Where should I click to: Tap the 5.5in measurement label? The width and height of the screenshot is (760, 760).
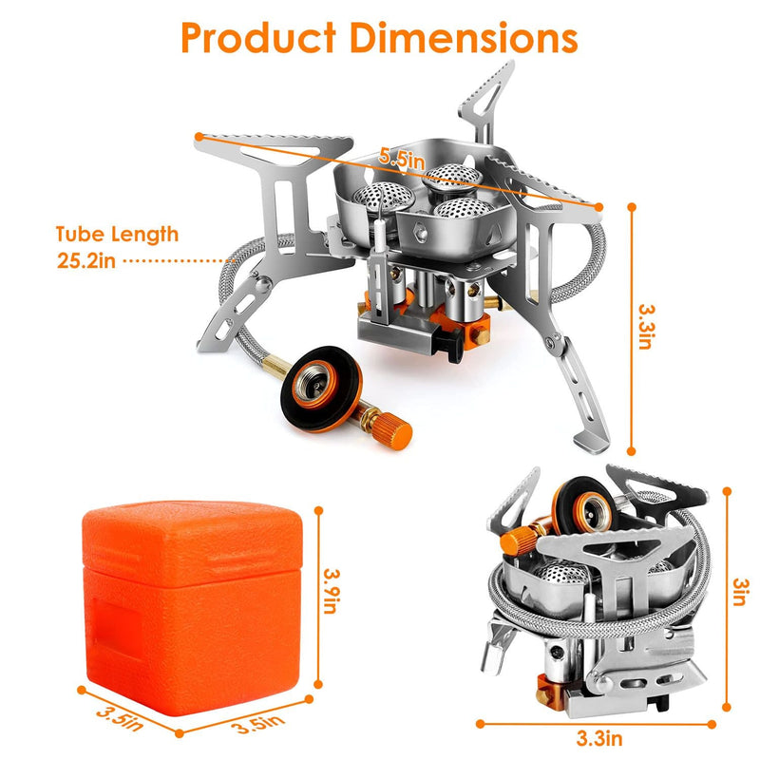tap(400, 160)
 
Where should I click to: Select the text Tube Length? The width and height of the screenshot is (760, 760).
tap(117, 234)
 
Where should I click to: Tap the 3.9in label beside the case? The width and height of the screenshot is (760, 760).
tap(330, 589)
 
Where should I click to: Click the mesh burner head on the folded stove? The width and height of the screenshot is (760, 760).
tap(562, 576)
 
